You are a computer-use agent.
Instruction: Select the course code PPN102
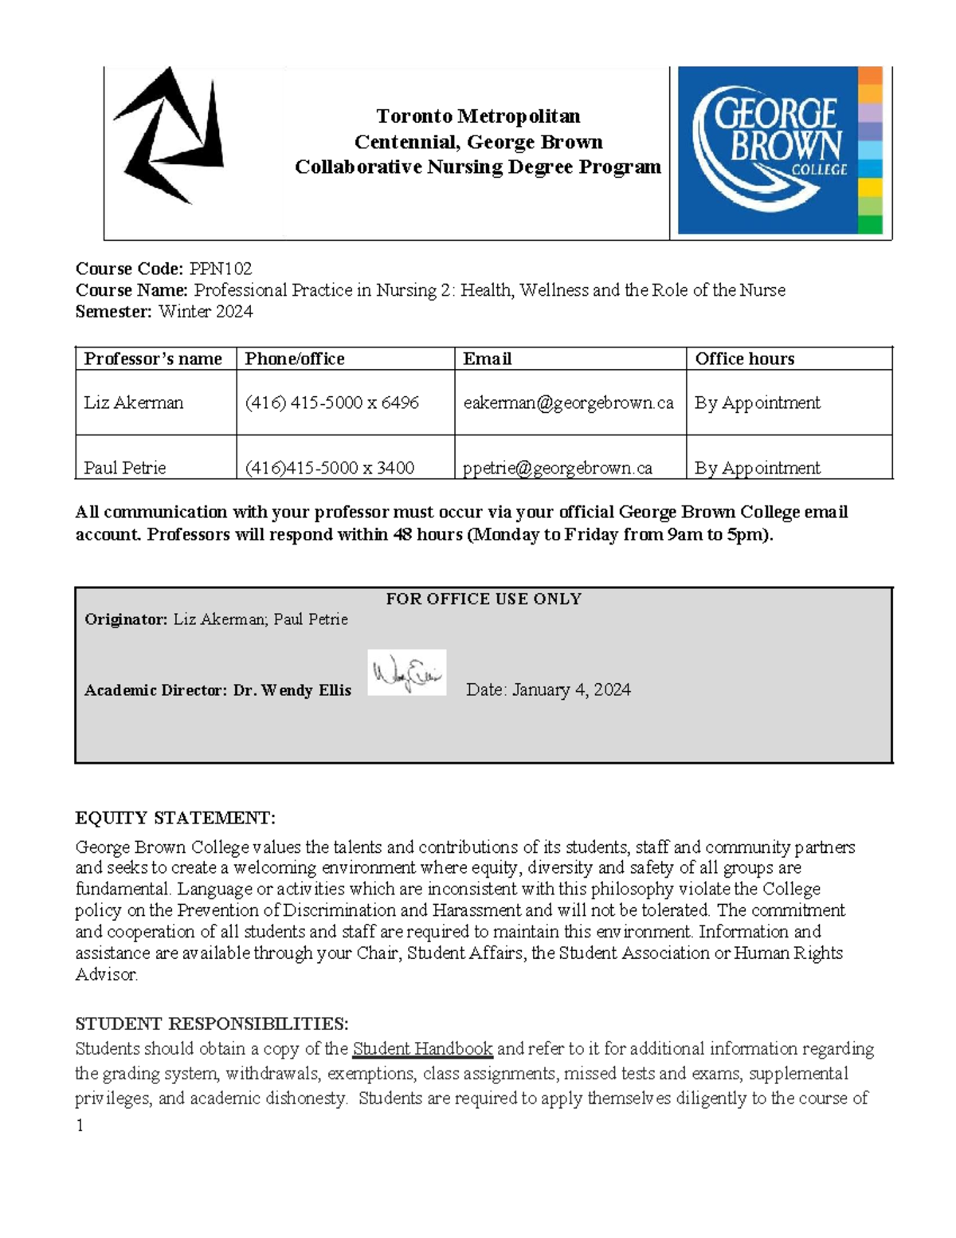click(x=221, y=269)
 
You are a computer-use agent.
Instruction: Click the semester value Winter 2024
click(x=206, y=312)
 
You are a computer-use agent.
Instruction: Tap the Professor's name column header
click(x=153, y=359)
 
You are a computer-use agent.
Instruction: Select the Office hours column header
click(x=744, y=359)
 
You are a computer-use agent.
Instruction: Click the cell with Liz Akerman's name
click(x=134, y=403)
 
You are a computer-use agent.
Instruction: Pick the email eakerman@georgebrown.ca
click(x=568, y=403)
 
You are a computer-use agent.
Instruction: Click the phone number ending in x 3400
click(x=329, y=468)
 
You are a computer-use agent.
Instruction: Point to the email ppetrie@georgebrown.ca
click(x=558, y=468)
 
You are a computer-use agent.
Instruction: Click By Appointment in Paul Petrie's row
click(x=757, y=468)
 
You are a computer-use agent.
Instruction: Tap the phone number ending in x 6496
click(x=331, y=403)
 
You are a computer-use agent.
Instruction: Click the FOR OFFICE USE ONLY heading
click(x=484, y=599)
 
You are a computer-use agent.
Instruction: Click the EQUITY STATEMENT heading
click(x=175, y=818)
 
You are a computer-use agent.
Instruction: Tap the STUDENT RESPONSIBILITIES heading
click(x=212, y=1024)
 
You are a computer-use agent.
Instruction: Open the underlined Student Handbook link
click(x=422, y=1049)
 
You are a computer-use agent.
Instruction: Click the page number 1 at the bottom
click(x=80, y=1126)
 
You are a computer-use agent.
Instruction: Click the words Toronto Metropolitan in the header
click(x=478, y=116)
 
